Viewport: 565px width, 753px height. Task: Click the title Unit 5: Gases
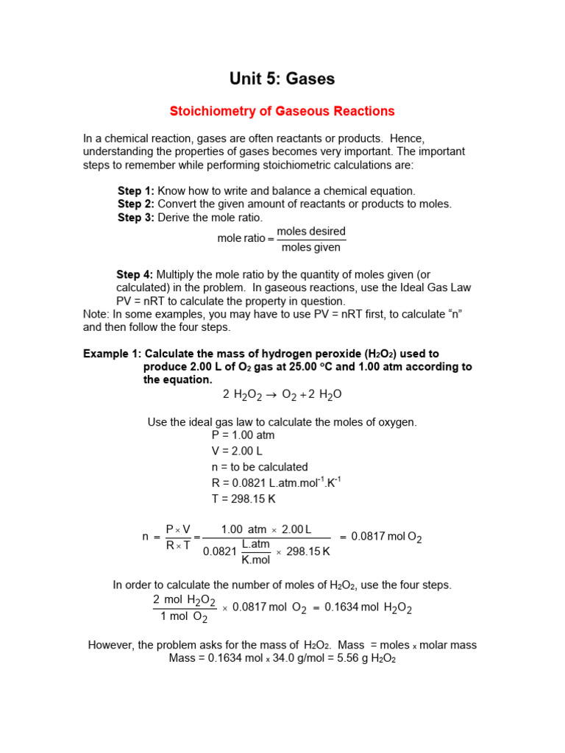[x=282, y=79]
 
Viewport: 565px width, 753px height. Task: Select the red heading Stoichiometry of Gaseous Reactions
[x=282, y=111]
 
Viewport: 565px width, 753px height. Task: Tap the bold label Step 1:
[x=136, y=190]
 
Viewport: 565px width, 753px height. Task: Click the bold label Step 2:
[x=136, y=204]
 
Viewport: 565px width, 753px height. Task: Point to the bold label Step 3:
[x=136, y=218]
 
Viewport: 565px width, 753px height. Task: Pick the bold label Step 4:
[x=135, y=274]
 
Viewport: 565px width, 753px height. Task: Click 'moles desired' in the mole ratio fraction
[x=310, y=232]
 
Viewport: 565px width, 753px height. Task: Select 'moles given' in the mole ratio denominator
[x=310, y=248]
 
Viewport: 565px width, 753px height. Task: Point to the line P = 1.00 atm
[x=243, y=435]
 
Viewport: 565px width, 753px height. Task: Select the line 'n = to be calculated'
[x=260, y=467]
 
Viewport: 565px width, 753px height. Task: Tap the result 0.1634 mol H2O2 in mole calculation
[x=368, y=608]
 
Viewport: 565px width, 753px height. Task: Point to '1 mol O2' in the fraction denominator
[x=184, y=617]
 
